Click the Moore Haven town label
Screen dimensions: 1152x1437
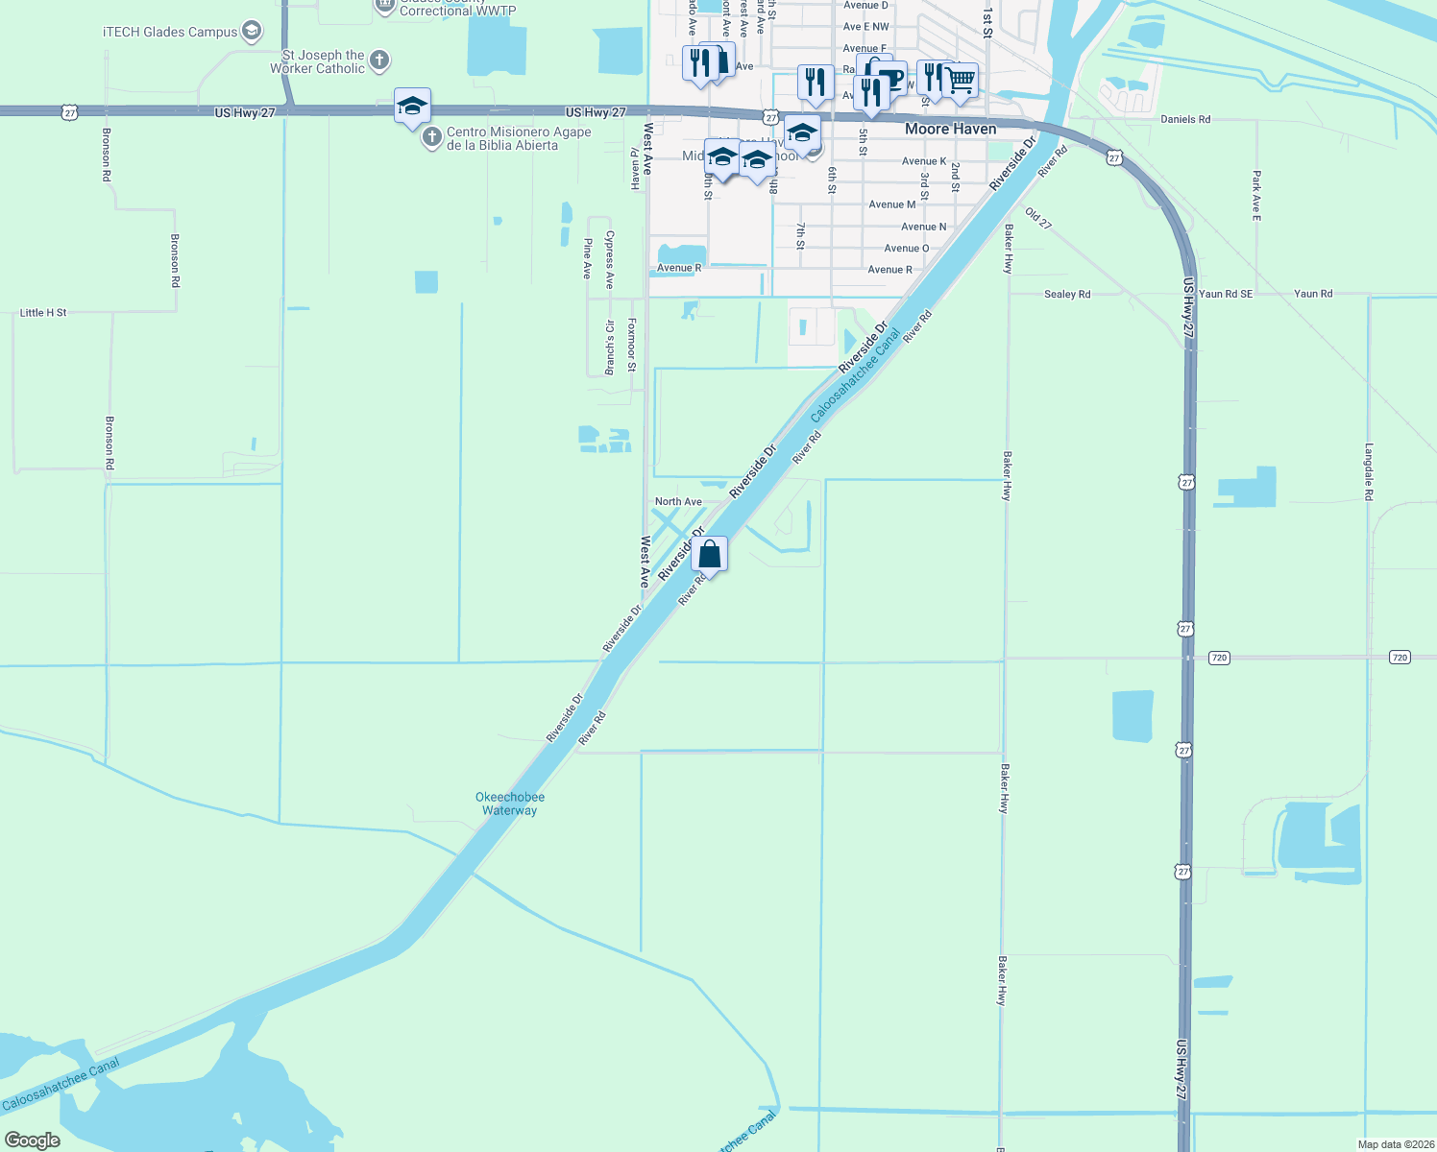point(950,129)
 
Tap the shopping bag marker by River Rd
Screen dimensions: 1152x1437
point(709,554)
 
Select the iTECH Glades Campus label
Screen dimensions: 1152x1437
point(170,32)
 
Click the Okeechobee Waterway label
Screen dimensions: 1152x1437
point(509,804)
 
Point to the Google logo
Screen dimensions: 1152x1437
point(33,1140)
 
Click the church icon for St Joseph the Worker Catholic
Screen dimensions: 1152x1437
point(379,60)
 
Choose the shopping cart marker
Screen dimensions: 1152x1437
point(960,81)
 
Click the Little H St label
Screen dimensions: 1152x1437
point(43,313)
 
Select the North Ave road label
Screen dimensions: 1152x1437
point(678,502)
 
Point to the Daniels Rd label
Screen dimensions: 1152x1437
point(1185,120)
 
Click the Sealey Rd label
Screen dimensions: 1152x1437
point(1067,295)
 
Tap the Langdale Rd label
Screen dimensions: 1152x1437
point(1369,470)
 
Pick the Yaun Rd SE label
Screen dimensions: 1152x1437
point(1226,294)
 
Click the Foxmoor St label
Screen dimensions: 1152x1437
point(631,346)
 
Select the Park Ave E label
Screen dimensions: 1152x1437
point(1255,196)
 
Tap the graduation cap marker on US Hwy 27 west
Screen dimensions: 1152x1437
point(412,106)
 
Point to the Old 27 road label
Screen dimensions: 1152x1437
point(1037,218)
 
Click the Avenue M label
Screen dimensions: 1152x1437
point(892,204)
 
